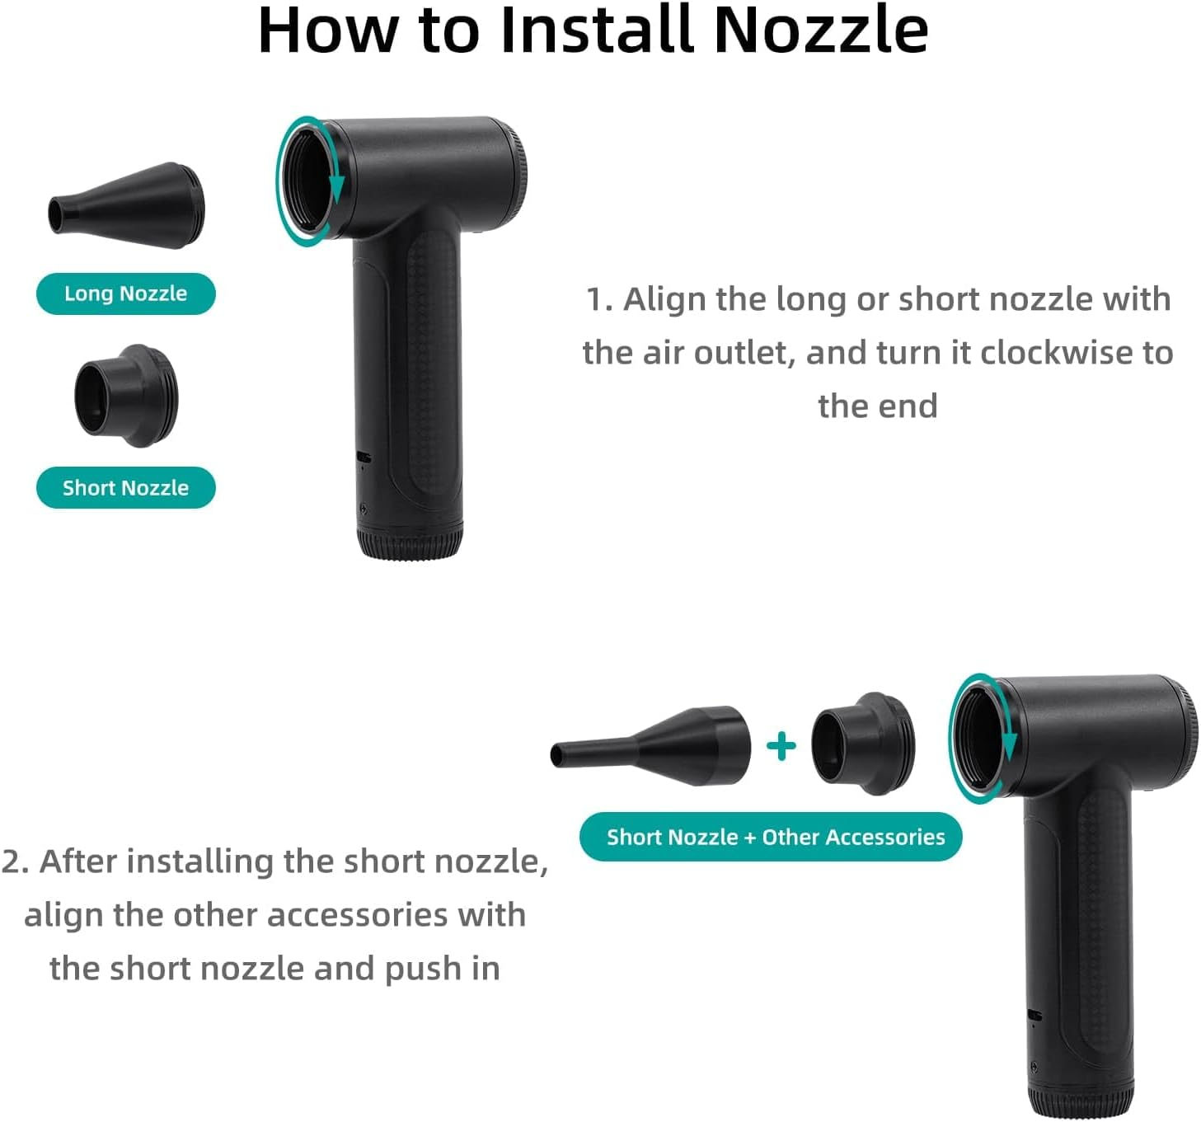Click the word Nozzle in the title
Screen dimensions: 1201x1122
(x=821, y=31)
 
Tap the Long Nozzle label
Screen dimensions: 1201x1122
(x=126, y=294)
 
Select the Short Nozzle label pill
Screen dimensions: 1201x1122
(x=126, y=488)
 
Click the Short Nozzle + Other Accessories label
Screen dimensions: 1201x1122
(x=771, y=837)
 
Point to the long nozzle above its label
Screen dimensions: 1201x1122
(x=126, y=205)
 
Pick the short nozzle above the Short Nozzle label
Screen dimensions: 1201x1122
(x=126, y=397)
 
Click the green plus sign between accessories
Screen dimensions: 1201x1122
(x=781, y=746)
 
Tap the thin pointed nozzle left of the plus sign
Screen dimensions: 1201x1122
(x=650, y=746)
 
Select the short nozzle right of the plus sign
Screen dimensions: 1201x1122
(x=863, y=744)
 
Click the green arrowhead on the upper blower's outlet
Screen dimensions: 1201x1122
(x=336, y=187)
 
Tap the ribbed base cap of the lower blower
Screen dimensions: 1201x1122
(x=1081, y=1101)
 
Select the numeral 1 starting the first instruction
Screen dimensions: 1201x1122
(x=594, y=300)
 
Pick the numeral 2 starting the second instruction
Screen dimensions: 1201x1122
(x=12, y=861)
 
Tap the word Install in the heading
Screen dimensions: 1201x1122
(x=596, y=31)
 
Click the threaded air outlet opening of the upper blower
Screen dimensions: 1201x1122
(x=308, y=181)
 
